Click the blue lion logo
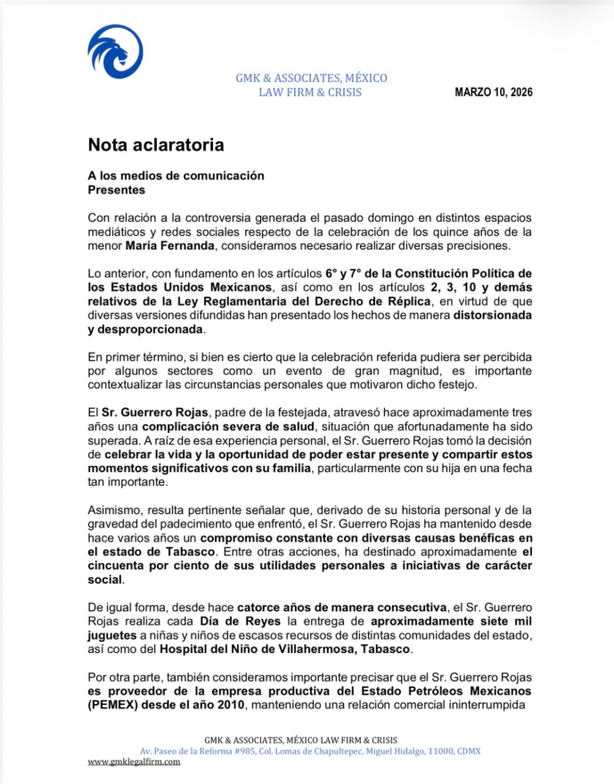pyautogui.click(x=115, y=52)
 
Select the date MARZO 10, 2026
pyautogui.click(x=494, y=92)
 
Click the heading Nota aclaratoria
pyautogui.click(x=155, y=144)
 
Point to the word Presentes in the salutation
pyautogui.click(x=117, y=190)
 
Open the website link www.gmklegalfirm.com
pyautogui.click(x=134, y=762)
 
